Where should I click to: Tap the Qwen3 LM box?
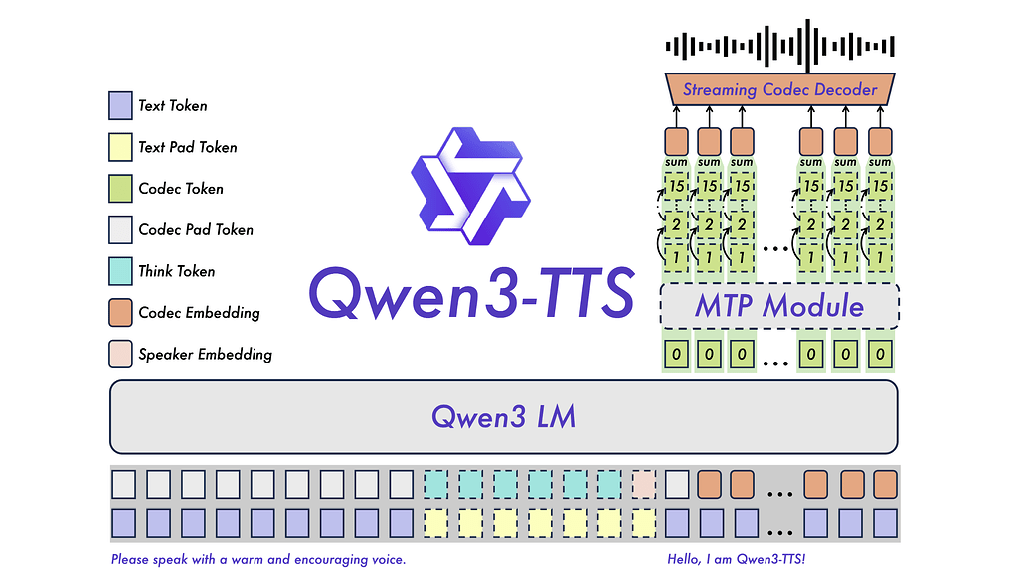(503, 416)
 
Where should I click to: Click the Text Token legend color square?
(120, 105)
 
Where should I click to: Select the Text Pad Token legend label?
(188, 147)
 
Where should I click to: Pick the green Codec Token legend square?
(120, 188)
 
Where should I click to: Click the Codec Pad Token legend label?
(196, 229)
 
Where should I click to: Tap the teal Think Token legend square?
(120, 271)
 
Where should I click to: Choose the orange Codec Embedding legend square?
(120, 313)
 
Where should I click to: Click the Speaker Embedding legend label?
(205, 354)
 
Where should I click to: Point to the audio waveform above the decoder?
(780, 45)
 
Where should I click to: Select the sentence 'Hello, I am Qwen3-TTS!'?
(736, 560)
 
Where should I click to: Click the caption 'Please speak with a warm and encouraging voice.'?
(258, 560)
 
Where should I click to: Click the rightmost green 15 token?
(880, 186)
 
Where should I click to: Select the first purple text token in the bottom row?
(123, 521)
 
